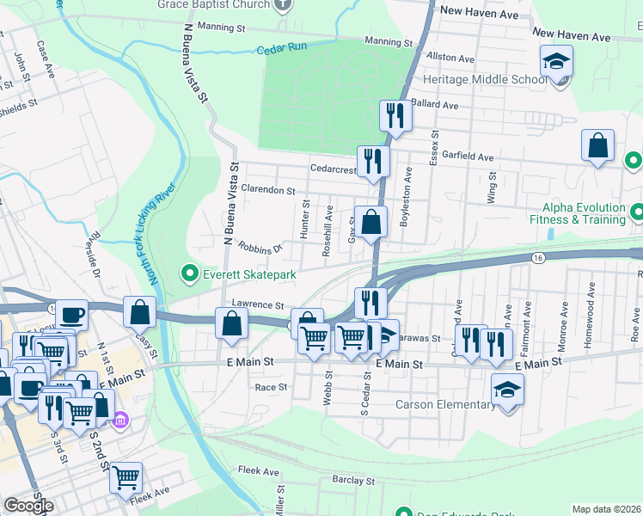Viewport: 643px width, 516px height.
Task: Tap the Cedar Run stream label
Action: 284,49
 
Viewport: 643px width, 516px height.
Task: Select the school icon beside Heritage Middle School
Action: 556,62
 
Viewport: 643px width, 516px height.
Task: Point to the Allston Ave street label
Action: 450,58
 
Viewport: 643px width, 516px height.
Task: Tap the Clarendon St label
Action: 268,190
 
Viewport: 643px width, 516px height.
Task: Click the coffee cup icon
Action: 71,315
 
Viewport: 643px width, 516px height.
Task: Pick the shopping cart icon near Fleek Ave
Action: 126,476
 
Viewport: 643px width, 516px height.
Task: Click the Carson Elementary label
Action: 445,404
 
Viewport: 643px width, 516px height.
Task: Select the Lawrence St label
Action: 258,305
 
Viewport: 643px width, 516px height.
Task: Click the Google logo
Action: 28,506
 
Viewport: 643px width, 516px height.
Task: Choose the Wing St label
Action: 492,187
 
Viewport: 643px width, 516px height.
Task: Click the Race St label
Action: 271,387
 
